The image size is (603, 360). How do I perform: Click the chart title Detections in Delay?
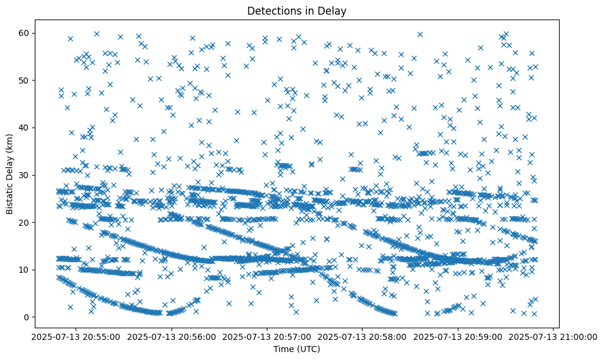(x=296, y=10)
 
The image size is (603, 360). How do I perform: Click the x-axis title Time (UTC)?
(x=296, y=350)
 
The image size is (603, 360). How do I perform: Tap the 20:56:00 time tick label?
(x=170, y=336)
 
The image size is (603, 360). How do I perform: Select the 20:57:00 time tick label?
(x=266, y=336)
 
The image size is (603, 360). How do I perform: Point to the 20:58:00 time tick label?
(x=362, y=336)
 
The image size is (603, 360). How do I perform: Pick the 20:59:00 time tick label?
(x=458, y=336)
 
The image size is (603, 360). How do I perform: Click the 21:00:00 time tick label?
(x=554, y=336)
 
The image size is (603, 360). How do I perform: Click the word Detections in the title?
(x=271, y=10)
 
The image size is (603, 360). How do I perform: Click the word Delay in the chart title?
(x=333, y=10)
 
